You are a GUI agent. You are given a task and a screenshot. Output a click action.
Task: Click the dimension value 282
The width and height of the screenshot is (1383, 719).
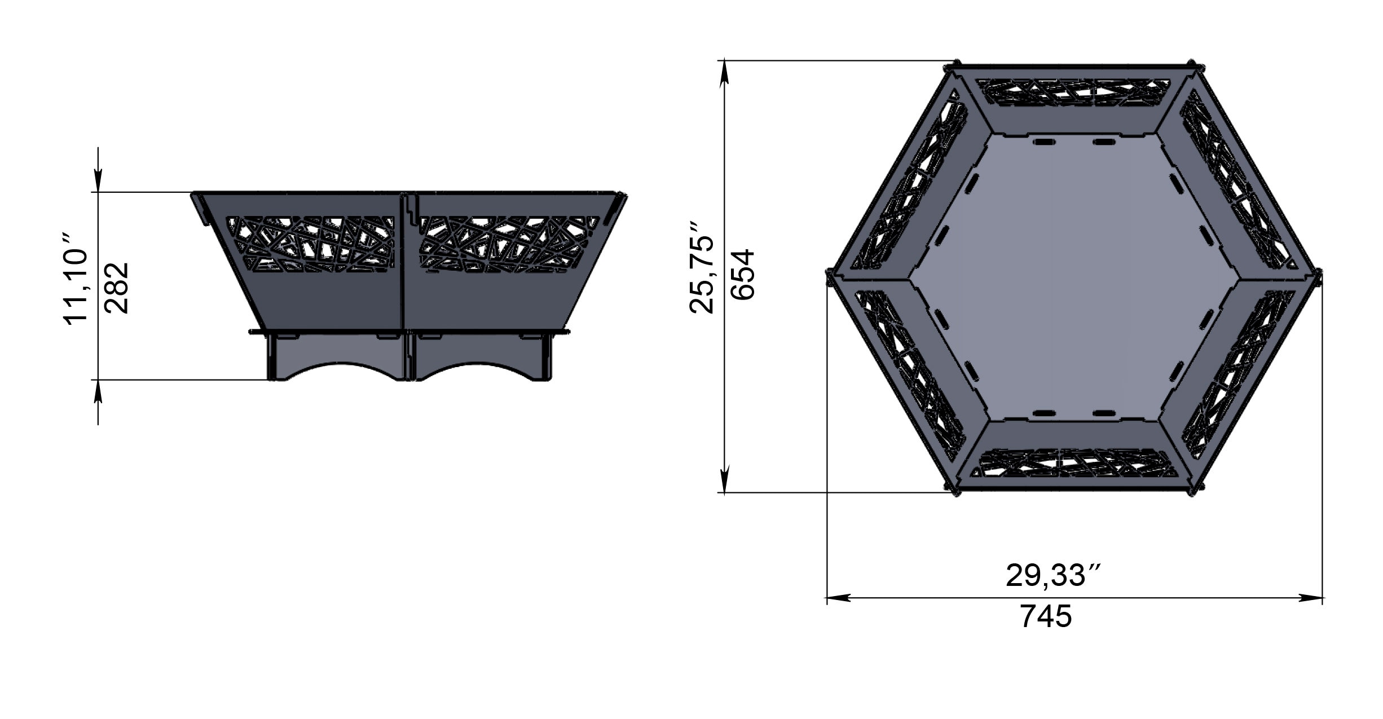tap(117, 288)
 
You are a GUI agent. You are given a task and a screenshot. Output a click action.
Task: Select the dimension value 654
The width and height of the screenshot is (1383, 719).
tap(742, 275)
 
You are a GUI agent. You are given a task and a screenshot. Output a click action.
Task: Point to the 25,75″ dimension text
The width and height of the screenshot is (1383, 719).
tap(702, 275)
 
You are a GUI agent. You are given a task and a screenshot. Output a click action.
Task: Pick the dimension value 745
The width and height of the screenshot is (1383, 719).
tap(1046, 616)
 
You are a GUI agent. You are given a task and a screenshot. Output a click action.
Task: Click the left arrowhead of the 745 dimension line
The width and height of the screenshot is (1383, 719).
tap(838, 598)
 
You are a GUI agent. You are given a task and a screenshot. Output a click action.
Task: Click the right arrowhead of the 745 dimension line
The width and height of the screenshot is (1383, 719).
tap(1312, 598)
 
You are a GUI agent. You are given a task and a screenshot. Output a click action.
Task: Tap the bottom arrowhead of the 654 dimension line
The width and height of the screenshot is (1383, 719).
tap(725, 480)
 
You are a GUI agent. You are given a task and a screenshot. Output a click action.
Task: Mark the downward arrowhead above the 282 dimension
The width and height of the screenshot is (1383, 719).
tap(98, 180)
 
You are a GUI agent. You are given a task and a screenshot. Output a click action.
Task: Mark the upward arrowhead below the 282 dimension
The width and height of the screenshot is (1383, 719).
tap(98, 391)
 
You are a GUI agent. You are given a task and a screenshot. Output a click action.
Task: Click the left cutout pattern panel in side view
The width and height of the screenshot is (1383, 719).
tap(310, 244)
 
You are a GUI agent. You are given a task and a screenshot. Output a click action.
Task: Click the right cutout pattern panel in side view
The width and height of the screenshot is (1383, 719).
tap(509, 244)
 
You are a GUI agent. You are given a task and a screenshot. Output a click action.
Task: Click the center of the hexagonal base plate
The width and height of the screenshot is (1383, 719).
tap(1074, 277)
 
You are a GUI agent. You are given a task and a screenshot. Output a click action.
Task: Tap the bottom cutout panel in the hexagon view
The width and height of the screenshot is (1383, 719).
tap(1074, 463)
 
